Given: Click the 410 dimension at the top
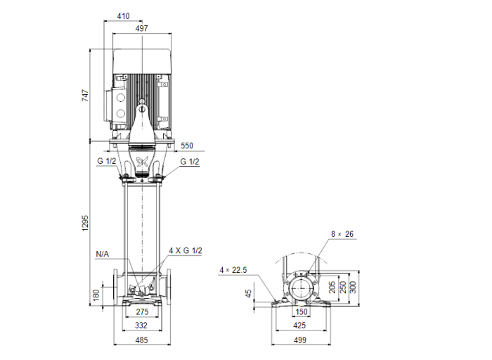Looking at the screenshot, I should (x=123, y=15).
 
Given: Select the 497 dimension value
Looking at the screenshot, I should (x=142, y=29).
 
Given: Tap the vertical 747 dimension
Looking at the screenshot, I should (x=85, y=96).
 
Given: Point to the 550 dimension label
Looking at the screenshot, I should (x=186, y=146).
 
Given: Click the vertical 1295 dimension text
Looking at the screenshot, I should (x=85, y=223).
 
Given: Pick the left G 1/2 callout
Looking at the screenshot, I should (x=107, y=162).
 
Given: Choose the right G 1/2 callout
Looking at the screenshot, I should (x=190, y=162).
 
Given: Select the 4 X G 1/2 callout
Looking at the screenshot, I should (x=185, y=251).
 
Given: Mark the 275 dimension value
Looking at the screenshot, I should (x=142, y=311).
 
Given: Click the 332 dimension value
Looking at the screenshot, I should (x=142, y=326).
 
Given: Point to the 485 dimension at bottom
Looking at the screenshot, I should (x=142, y=340).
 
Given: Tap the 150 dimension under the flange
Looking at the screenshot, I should (x=301, y=311).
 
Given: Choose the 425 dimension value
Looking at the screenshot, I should (x=301, y=326).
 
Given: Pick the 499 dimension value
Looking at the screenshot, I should (x=301, y=340).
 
